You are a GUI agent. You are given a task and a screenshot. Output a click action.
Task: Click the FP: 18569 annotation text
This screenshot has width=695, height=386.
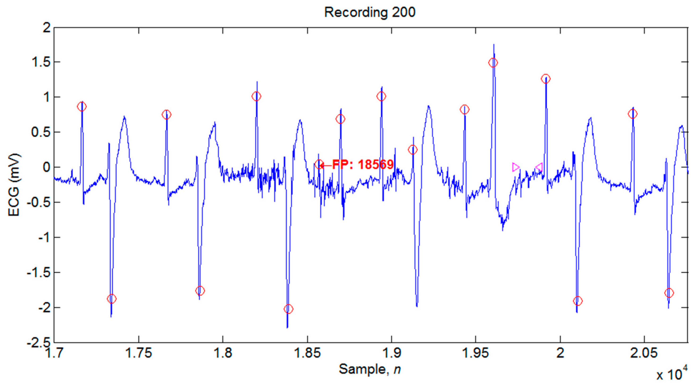point(363,164)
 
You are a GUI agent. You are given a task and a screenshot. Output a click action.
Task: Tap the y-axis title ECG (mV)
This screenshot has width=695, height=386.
point(14,185)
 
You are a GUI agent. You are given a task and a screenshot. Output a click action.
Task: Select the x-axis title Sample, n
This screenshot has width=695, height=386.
point(370,369)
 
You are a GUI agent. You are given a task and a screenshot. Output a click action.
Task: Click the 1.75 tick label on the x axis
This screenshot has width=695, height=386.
point(139,353)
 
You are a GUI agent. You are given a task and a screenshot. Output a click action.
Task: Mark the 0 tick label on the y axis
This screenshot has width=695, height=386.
point(46,167)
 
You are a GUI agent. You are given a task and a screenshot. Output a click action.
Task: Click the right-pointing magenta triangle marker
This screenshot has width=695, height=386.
point(515,167)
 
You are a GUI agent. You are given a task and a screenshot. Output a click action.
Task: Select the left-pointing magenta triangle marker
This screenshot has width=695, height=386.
point(539,167)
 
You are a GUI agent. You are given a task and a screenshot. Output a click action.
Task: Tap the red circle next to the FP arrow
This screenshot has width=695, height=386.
point(319,164)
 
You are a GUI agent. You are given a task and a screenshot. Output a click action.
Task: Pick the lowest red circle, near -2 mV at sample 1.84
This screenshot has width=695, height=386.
point(289,309)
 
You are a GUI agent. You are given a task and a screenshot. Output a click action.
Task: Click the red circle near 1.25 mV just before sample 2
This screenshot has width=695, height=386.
point(545,79)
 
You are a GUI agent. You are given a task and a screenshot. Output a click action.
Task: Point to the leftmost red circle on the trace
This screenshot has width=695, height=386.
point(82,107)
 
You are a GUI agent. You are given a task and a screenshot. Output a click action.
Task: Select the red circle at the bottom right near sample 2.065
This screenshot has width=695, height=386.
point(669,293)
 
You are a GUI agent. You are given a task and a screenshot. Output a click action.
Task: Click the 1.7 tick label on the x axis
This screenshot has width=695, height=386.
point(54,353)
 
